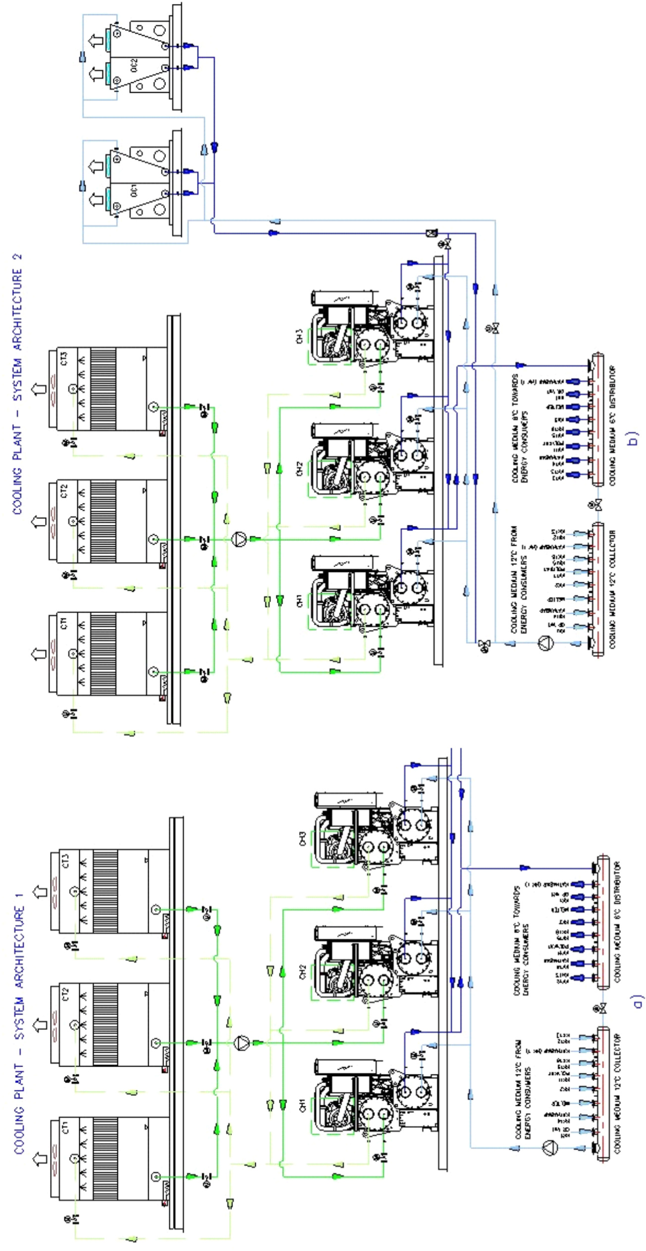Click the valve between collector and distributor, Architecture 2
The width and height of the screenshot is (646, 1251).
597,506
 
